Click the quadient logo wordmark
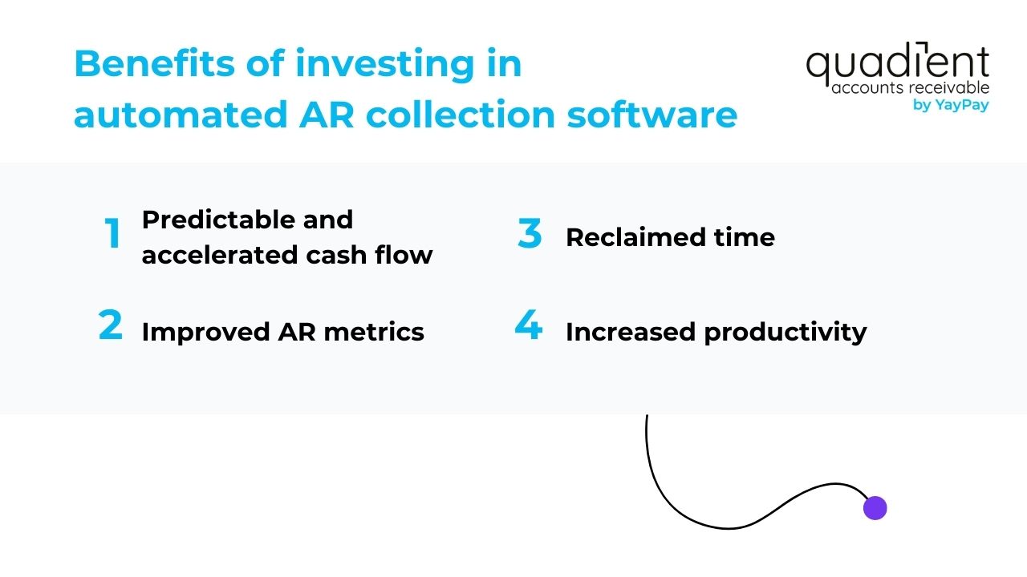pos(897,64)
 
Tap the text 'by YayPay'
pos(951,105)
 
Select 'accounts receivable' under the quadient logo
pos(910,87)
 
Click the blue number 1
pos(113,235)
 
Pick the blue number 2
pos(111,326)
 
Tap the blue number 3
pos(530,234)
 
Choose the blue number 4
pos(528,326)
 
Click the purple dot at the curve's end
pos(875,508)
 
